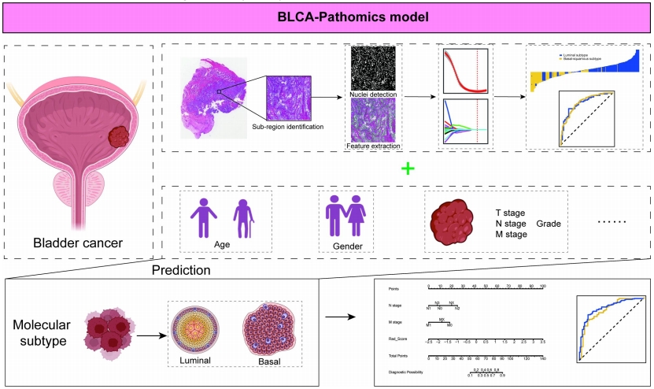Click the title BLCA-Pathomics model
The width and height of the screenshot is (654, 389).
(327, 16)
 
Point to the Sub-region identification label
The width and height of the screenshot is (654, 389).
(287, 127)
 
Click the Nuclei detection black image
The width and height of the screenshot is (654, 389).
(374, 69)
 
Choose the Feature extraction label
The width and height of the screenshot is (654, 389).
(374, 146)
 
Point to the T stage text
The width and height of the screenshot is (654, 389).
(510, 213)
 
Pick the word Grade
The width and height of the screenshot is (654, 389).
(549, 224)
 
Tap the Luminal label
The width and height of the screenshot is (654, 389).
(196, 361)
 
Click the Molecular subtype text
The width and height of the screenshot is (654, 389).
(42, 333)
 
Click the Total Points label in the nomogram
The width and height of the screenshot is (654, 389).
(401, 358)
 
